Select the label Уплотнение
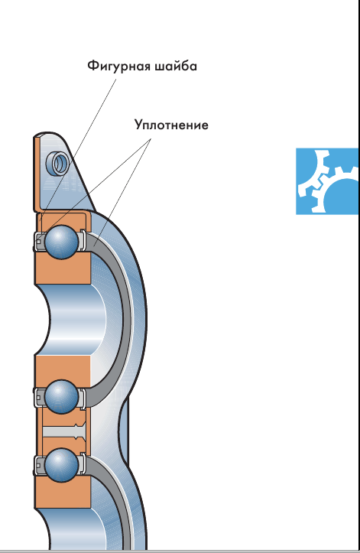[171, 125]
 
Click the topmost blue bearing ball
[61, 242]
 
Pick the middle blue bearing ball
[61, 397]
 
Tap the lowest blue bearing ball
[61, 465]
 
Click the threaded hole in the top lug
[57, 163]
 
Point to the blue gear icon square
[327, 181]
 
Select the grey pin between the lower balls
[63, 431]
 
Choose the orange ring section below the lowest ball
[63, 493]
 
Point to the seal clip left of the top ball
[39, 242]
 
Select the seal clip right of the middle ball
[82, 398]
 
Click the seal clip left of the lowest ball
[39, 465]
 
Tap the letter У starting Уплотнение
[138, 125]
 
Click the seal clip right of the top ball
[82, 242]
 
